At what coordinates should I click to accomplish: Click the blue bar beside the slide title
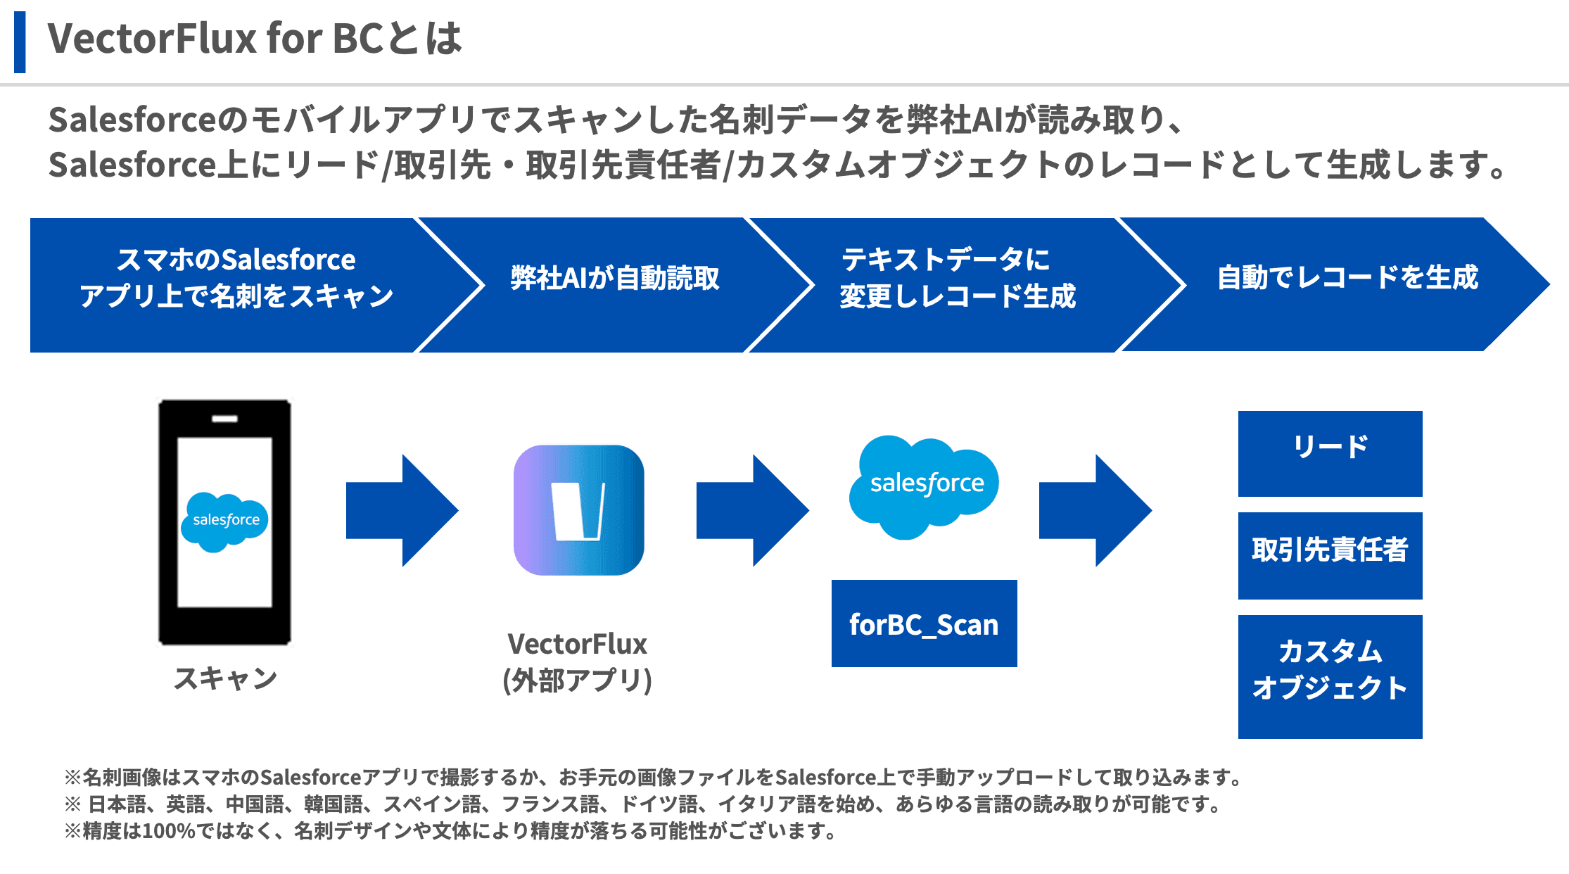(20, 42)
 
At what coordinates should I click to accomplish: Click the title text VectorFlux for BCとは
(254, 39)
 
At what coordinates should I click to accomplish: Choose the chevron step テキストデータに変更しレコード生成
(958, 279)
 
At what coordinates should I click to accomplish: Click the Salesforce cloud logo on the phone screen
(225, 521)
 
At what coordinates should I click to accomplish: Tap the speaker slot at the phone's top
(224, 419)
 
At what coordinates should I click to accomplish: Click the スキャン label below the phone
(225, 678)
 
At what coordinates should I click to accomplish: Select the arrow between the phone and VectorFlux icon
(401, 510)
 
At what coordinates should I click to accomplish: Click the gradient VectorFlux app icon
(578, 510)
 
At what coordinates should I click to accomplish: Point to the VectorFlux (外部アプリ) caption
(577, 662)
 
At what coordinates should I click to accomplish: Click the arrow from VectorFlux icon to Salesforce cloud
(751, 510)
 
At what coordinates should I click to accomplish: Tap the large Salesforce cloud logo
(925, 486)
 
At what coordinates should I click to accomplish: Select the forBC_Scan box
(924, 623)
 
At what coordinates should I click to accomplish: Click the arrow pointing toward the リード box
(1094, 510)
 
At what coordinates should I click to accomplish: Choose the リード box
(1330, 453)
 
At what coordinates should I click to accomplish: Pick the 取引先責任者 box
(1330, 555)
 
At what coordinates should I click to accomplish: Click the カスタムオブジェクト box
(1330, 676)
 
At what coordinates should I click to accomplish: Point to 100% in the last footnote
(168, 831)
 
